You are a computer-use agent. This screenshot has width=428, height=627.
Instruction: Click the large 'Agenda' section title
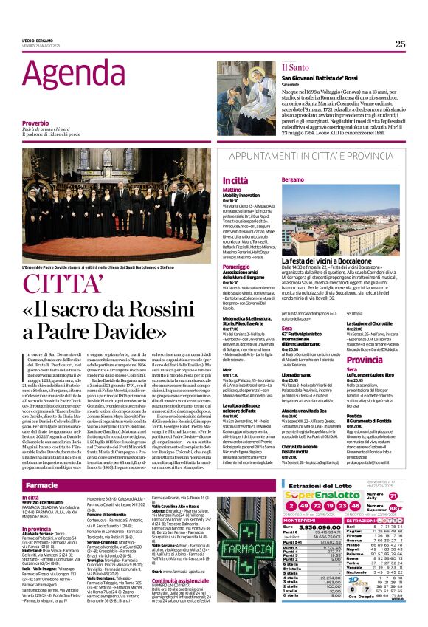(71, 74)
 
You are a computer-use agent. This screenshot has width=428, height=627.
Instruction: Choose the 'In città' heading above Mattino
(235, 179)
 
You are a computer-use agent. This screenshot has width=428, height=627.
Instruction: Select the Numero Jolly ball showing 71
(393, 497)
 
